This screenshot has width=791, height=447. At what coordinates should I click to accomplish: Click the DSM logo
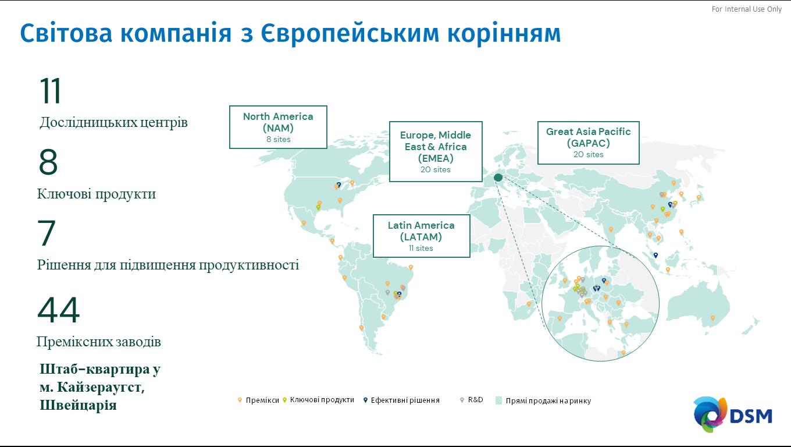click(732, 414)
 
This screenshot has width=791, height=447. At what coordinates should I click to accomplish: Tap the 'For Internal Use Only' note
click(747, 9)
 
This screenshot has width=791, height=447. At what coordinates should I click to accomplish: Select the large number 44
click(58, 310)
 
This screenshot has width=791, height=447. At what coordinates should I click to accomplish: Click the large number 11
click(50, 90)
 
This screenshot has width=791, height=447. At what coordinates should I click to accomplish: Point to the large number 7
click(47, 233)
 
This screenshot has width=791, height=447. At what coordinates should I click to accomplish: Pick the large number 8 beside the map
click(48, 162)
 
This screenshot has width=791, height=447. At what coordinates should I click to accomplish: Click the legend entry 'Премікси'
click(258, 400)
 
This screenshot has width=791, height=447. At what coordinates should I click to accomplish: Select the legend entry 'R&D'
click(472, 400)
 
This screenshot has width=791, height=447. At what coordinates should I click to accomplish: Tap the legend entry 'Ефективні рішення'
click(401, 400)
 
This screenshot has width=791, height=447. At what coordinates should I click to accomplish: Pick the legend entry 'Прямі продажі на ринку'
click(543, 400)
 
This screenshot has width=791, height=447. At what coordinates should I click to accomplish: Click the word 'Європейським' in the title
click(350, 34)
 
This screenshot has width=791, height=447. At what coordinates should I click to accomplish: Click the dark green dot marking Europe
click(498, 178)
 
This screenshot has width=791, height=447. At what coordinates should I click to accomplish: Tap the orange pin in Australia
click(712, 318)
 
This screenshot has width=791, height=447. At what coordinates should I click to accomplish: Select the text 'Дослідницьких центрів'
click(113, 123)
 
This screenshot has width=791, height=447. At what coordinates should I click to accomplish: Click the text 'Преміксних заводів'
click(99, 342)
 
